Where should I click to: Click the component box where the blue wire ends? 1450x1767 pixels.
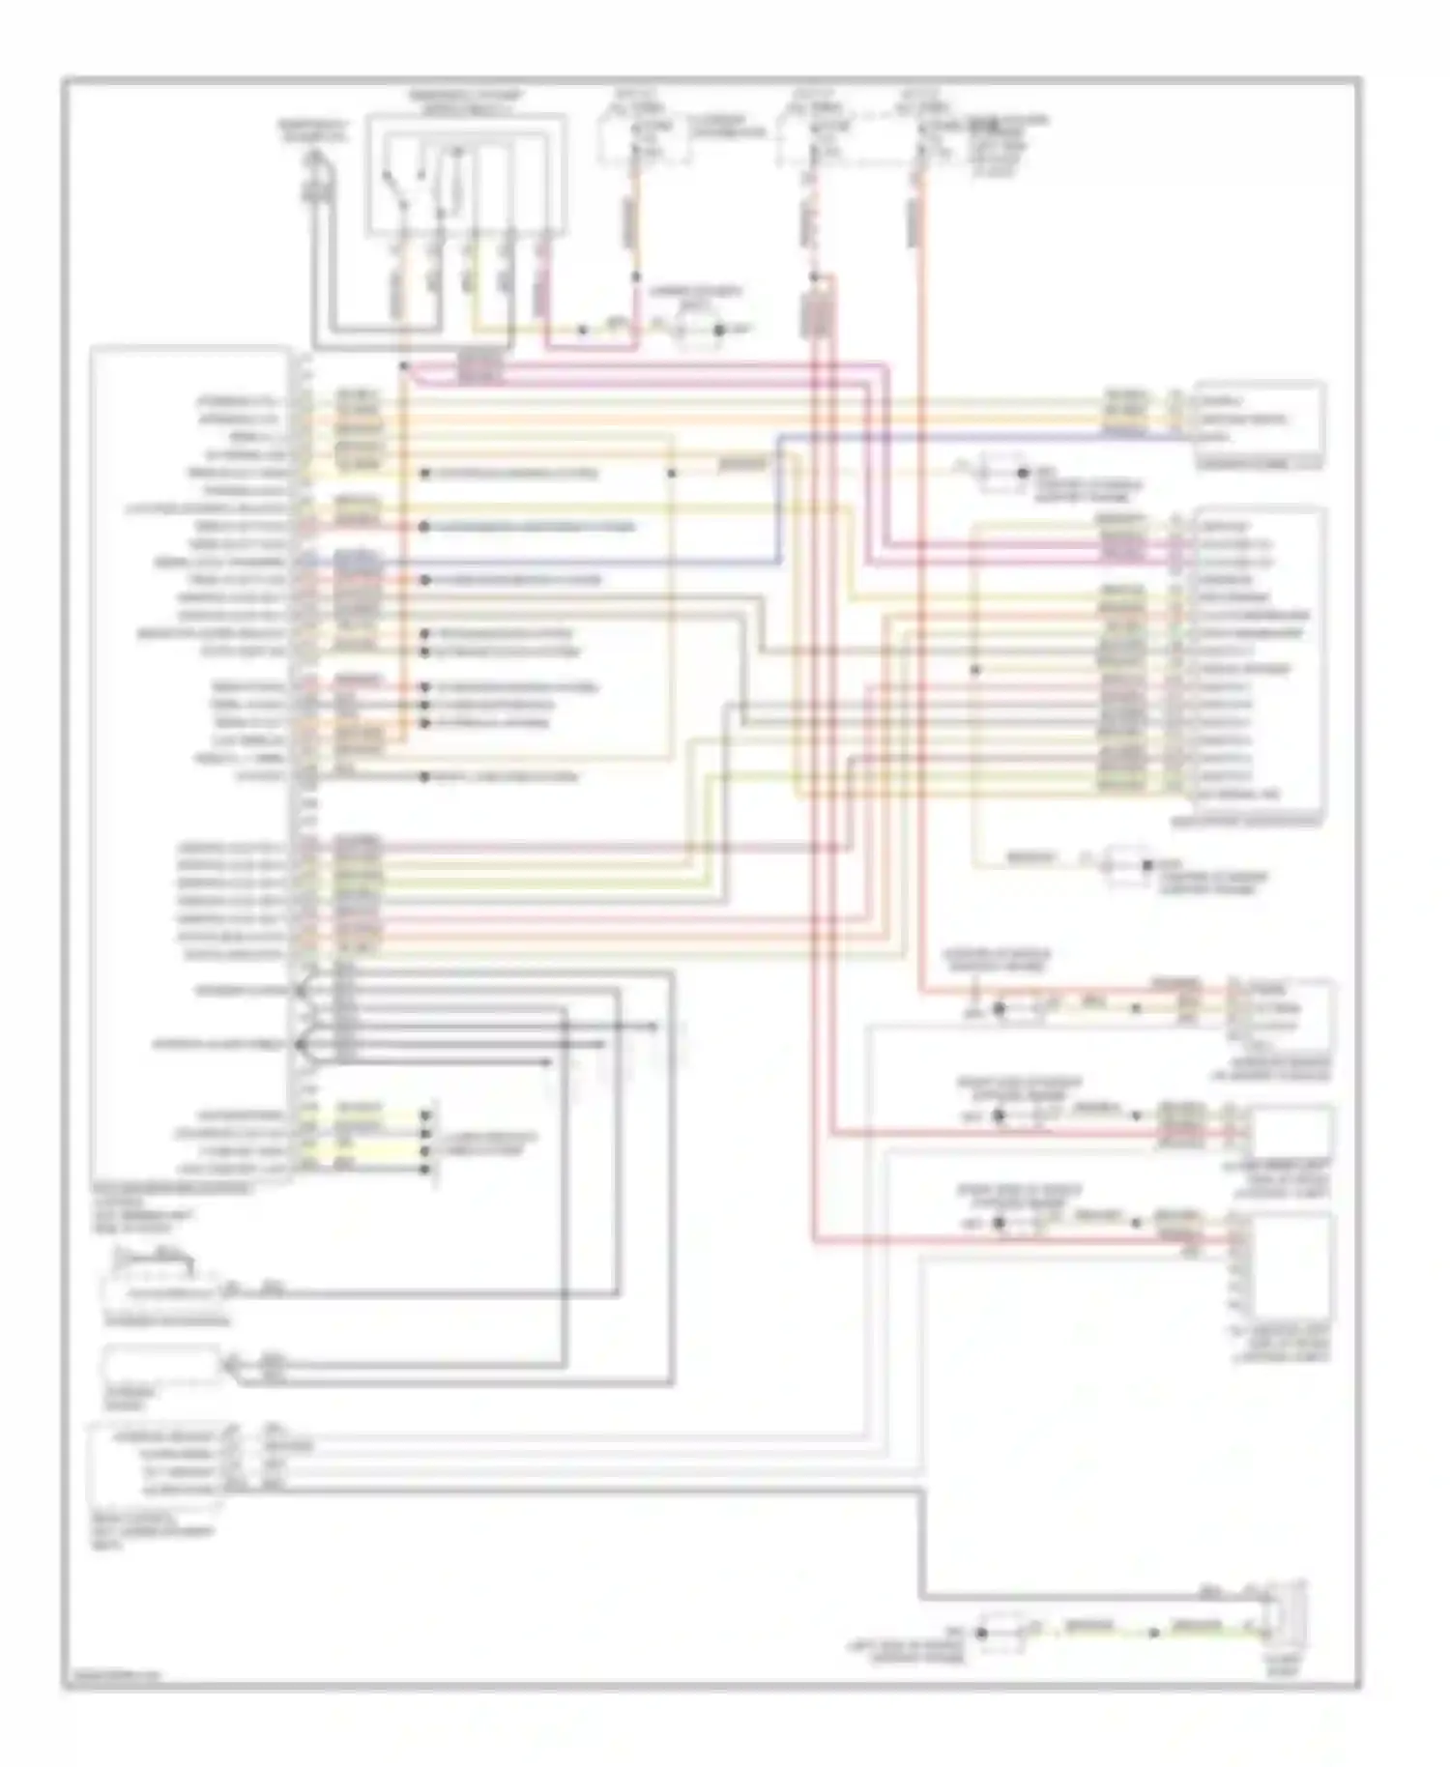pyautogui.click(x=1259, y=421)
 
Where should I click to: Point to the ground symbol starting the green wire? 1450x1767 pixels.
pyautogui.click(x=981, y=1633)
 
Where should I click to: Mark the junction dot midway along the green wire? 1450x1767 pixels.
pyautogui.click(x=1152, y=1633)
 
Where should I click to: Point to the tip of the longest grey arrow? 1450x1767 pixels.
pyautogui.click(x=659, y=1027)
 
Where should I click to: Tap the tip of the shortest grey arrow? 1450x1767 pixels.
pyautogui.click(x=551, y=1062)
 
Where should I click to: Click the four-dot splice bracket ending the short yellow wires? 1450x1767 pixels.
pyautogui.click(x=426, y=1141)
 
